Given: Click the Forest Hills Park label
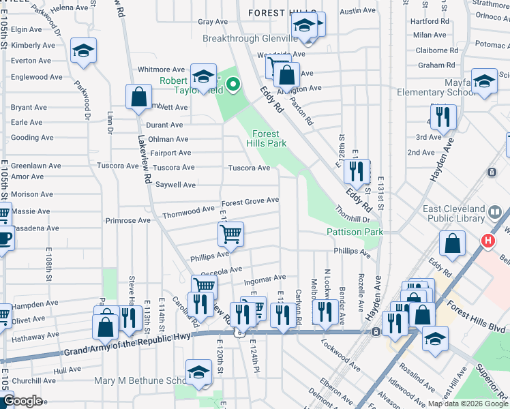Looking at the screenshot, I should point(269,138).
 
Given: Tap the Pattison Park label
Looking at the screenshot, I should point(355,232).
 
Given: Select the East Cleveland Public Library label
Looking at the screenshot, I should point(456,214).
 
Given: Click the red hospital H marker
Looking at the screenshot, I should point(487,241).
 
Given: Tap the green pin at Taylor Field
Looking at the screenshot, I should point(233,85).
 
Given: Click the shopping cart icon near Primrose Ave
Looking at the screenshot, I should point(231,234).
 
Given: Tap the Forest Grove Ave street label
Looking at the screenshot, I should point(250,200).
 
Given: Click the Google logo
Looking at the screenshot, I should point(22,401).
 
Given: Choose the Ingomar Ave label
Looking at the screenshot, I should point(265,278).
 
